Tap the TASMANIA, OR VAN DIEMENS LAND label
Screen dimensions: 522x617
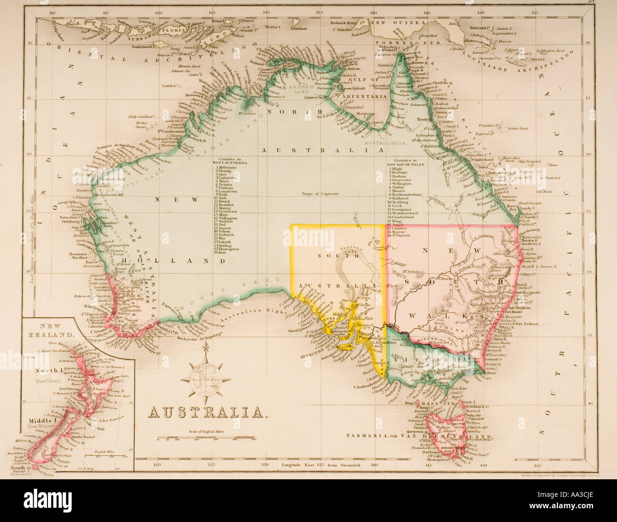(412, 436)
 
